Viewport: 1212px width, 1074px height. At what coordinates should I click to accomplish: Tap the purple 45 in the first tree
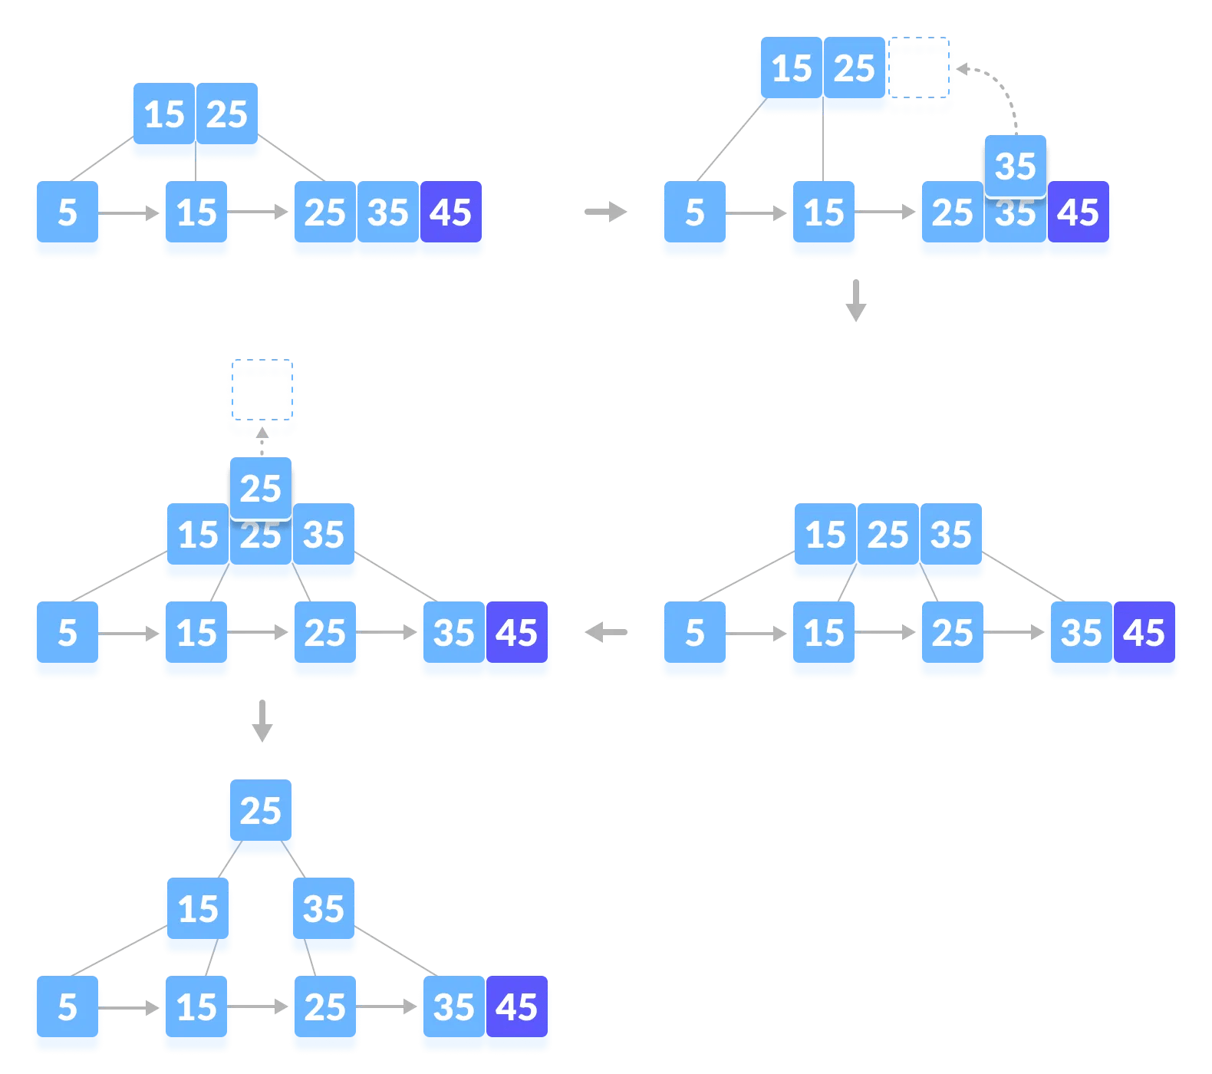pos(450,212)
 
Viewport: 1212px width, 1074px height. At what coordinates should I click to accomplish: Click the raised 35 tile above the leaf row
pos(1015,166)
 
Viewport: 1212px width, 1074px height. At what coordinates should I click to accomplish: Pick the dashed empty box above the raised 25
pos(262,401)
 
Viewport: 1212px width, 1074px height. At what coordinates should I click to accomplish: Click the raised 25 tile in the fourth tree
pos(261,488)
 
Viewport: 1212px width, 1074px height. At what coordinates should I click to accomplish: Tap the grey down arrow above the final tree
pos(262,721)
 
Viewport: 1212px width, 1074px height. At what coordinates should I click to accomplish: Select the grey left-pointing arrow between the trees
pos(606,633)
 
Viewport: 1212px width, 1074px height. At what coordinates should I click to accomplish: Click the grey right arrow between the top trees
pos(606,212)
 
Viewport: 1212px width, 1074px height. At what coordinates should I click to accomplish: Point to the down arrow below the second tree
pos(855,301)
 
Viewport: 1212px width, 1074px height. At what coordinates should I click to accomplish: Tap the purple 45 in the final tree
pos(516,1007)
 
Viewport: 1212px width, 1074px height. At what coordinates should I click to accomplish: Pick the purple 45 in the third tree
pos(1144,633)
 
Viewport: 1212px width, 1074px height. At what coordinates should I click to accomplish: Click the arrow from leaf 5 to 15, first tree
pos(130,212)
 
